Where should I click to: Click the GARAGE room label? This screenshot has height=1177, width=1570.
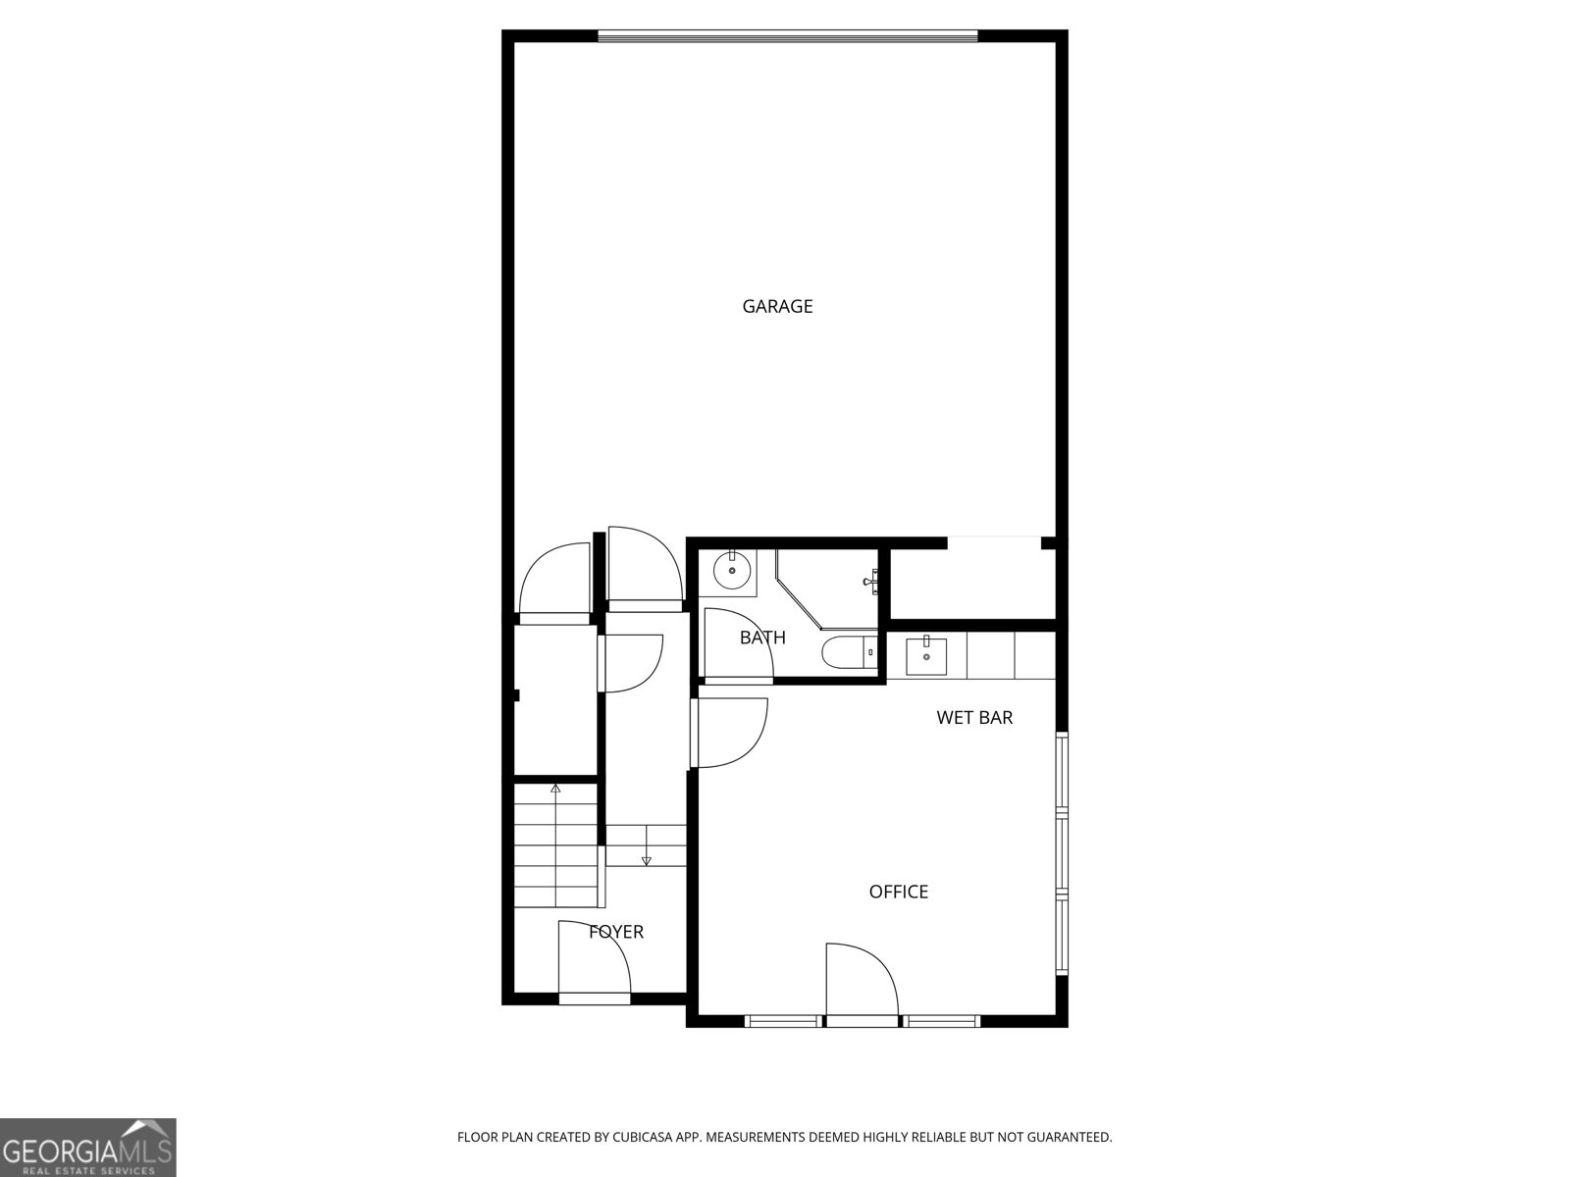(x=777, y=306)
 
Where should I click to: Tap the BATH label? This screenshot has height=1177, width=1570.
(x=762, y=638)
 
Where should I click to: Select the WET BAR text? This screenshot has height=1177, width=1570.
(x=974, y=718)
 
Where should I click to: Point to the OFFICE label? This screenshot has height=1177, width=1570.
(x=898, y=892)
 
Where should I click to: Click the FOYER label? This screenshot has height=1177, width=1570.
(x=616, y=932)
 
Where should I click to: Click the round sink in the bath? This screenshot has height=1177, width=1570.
(x=732, y=570)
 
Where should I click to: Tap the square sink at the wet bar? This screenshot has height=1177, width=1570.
(x=926, y=655)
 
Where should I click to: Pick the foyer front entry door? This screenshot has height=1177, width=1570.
(x=593, y=961)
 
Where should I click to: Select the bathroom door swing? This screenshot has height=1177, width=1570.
(x=736, y=642)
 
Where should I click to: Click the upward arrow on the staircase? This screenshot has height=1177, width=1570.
(x=555, y=788)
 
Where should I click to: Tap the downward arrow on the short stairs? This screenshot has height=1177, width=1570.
(x=646, y=860)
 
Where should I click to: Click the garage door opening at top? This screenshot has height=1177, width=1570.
(x=788, y=37)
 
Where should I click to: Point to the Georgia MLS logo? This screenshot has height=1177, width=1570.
(x=88, y=1148)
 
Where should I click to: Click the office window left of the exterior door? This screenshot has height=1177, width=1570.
(x=783, y=1021)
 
